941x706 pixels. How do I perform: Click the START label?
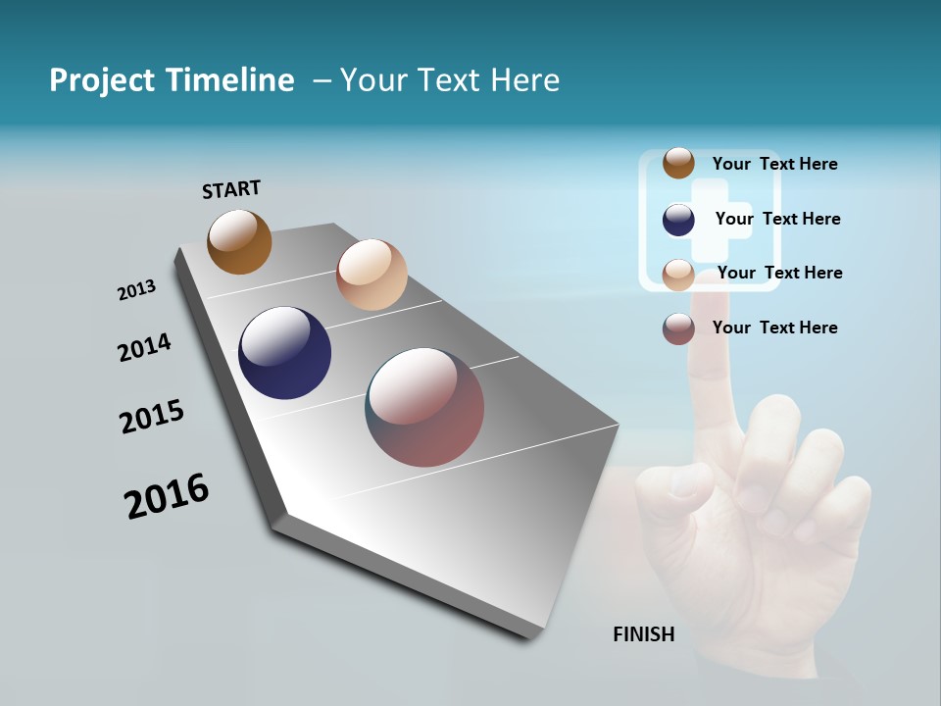231,189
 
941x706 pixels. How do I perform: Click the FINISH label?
643,634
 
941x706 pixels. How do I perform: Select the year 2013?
137,290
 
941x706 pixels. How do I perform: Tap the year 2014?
145,347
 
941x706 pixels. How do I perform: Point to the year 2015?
152,417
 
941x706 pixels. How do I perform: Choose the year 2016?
167,496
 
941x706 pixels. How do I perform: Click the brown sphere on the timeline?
239,241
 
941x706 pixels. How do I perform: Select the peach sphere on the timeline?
371,275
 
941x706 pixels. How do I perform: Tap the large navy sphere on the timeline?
284,353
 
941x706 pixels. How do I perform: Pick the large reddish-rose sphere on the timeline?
424,407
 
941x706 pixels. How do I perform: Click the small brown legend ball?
678,163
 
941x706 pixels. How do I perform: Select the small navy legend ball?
678,220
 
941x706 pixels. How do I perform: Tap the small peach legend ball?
678,275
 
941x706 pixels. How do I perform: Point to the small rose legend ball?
678,328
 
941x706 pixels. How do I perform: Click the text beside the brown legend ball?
774,164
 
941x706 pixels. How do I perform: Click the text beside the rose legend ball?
774,328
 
